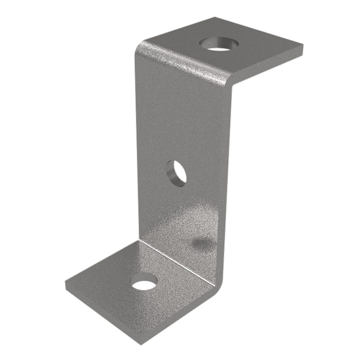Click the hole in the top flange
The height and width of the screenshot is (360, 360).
tap(219, 45)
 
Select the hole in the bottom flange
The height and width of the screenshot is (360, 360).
tap(144, 282)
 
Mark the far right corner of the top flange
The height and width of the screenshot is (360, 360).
tap(302, 46)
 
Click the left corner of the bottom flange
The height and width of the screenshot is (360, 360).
tap(66, 282)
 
